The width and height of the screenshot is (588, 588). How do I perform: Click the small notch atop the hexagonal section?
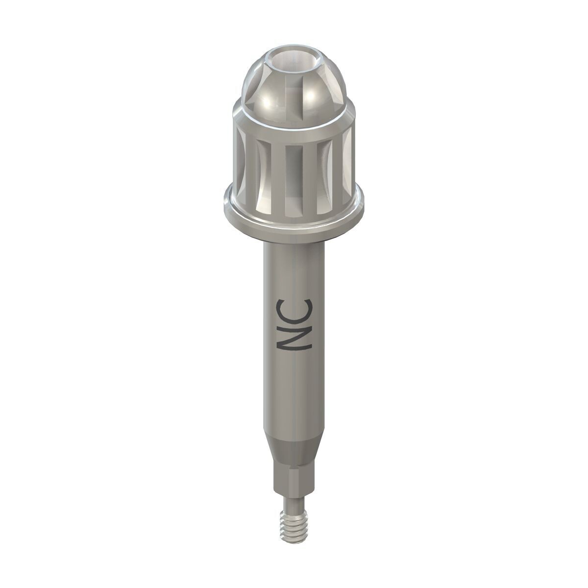click(294, 458)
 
